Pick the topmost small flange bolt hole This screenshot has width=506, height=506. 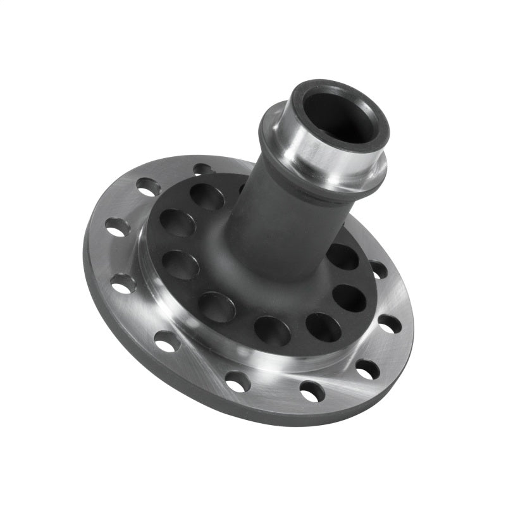[x=202, y=169]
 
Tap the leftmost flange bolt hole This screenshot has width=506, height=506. [x=117, y=226]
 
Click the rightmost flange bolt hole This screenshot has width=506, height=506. [x=390, y=324]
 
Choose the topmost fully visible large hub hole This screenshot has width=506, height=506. [x=207, y=197]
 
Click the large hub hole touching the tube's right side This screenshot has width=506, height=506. [x=342, y=257]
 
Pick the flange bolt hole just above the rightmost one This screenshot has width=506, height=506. [x=379, y=269]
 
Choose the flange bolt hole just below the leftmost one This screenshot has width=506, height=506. [x=123, y=283]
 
